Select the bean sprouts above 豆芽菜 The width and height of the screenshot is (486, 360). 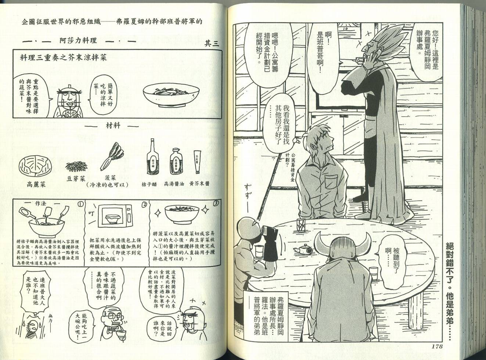(x=76, y=166)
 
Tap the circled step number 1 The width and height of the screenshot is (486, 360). (x=80, y=204)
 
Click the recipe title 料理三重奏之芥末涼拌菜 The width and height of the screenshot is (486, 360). (x=64, y=58)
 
